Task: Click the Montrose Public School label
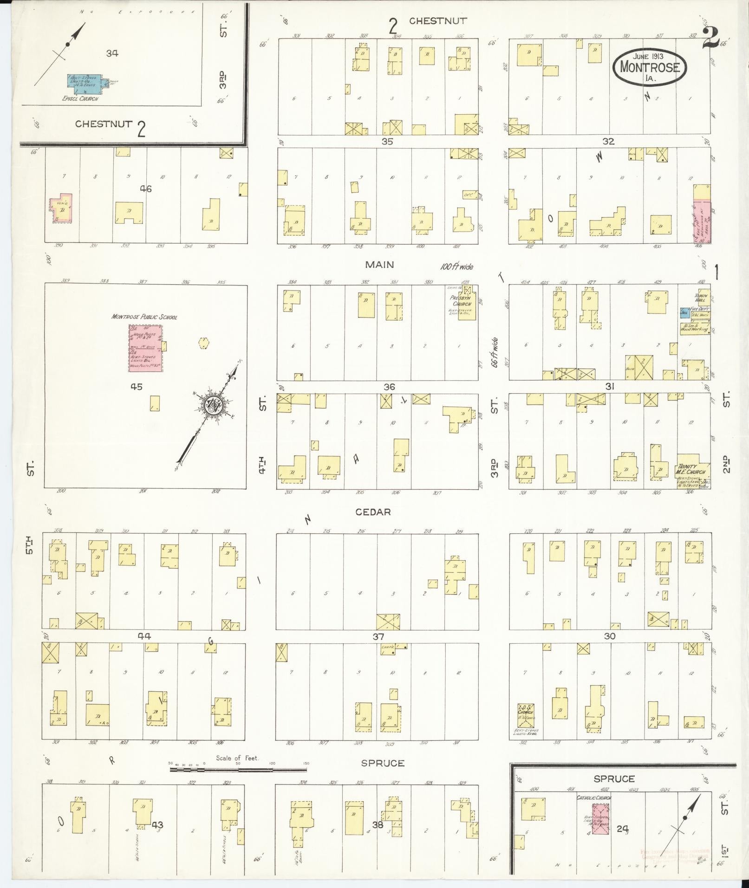(x=144, y=317)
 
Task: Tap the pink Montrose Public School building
(x=145, y=348)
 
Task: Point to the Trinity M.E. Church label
(x=691, y=469)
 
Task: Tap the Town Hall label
(x=700, y=298)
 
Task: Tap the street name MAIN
(x=379, y=265)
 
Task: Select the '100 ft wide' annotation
(x=456, y=267)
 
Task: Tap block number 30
(x=609, y=636)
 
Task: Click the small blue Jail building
(x=684, y=313)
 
